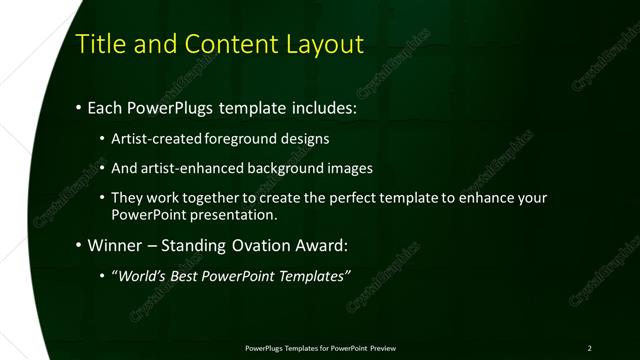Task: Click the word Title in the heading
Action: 104,45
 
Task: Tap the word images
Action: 350,168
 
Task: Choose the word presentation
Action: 238,215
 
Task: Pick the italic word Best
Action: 190,275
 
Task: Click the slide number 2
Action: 589,348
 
